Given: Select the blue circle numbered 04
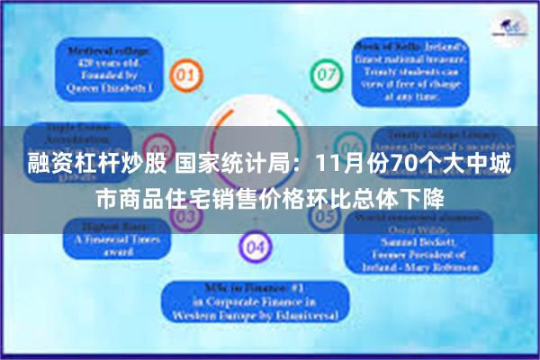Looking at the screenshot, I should pyautogui.click(x=255, y=246).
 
